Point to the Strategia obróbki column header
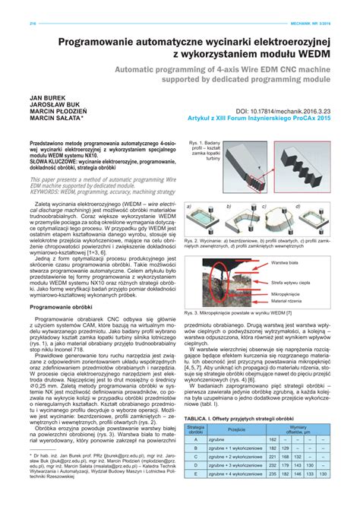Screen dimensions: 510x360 (x=196, y=429)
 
